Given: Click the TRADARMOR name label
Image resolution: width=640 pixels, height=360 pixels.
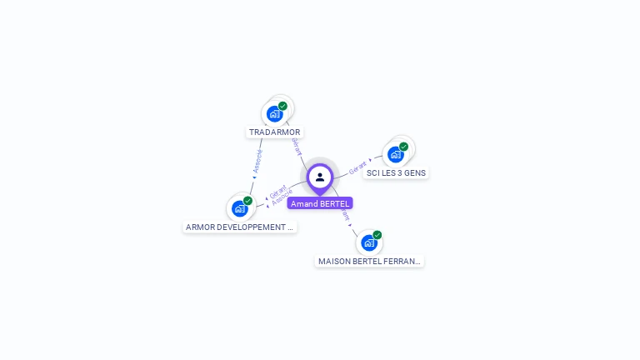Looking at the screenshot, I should click(x=274, y=132).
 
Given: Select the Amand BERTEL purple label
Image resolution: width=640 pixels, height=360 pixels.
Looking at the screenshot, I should click(x=320, y=203).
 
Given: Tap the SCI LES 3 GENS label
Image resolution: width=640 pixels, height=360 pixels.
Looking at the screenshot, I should click(x=396, y=173).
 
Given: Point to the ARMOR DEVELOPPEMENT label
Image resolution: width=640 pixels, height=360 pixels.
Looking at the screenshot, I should click(x=239, y=227).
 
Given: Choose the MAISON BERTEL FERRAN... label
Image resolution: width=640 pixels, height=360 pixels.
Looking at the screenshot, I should click(x=369, y=261).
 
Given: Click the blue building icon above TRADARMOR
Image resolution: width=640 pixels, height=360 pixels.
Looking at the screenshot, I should click(x=274, y=114).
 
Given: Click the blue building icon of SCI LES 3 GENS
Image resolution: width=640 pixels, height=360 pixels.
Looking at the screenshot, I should click(x=396, y=154).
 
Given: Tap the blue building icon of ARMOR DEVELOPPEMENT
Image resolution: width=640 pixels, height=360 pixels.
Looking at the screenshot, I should click(x=240, y=208).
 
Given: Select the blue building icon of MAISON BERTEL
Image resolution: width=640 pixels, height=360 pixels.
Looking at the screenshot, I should click(x=368, y=242).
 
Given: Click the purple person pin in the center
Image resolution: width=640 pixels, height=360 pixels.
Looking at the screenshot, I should click(x=320, y=177).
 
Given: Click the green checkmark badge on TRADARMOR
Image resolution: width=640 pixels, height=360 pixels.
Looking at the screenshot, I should click(x=282, y=106).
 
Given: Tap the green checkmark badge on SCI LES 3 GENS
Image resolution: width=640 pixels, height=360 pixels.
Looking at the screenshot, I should click(x=404, y=146).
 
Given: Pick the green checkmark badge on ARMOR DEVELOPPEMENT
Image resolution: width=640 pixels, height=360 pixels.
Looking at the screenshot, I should click(x=247, y=201).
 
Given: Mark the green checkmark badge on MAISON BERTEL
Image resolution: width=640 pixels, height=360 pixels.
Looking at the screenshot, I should click(x=377, y=235).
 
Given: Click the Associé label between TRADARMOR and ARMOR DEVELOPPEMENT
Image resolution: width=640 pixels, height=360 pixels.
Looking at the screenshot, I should click(x=257, y=161).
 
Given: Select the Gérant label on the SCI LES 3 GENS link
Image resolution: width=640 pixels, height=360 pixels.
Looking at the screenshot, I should click(x=357, y=167).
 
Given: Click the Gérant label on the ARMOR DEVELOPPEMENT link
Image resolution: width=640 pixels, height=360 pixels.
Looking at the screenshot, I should click(x=277, y=191).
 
